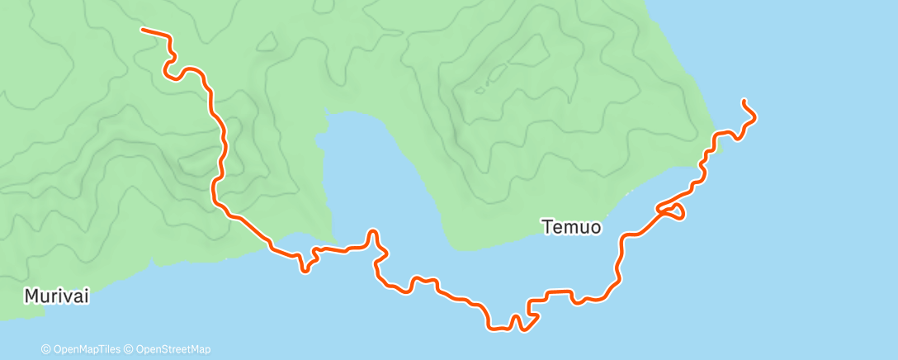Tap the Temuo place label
tap(571, 226)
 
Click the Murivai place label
tap(57, 296)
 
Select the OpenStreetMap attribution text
tap(172, 349)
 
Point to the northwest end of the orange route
tap(143, 30)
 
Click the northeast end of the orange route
tap(744, 101)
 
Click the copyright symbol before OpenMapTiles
tap(46, 349)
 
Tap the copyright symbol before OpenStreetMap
tap(130, 349)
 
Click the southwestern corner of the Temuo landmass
tap(453, 247)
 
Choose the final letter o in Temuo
tap(594, 226)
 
